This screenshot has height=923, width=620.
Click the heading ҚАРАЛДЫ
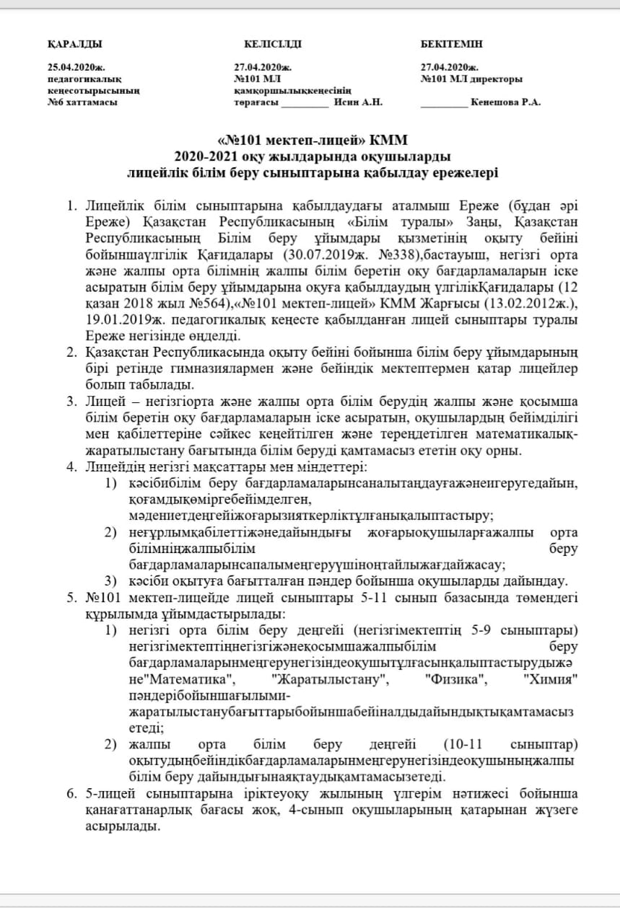pyautogui.click(x=74, y=44)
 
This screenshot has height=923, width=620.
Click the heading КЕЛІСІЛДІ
pyautogui.click(x=268, y=44)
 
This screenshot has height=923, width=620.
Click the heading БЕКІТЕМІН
pyautogui.click(x=452, y=44)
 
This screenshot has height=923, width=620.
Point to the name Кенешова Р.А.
pyautogui.click(x=505, y=102)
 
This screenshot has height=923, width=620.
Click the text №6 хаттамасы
pyautogui.click(x=82, y=102)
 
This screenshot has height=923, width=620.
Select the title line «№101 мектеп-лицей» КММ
pyautogui.click(x=317, y=139)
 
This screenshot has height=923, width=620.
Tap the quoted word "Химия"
pyautogui.click(x=554, y=680)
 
